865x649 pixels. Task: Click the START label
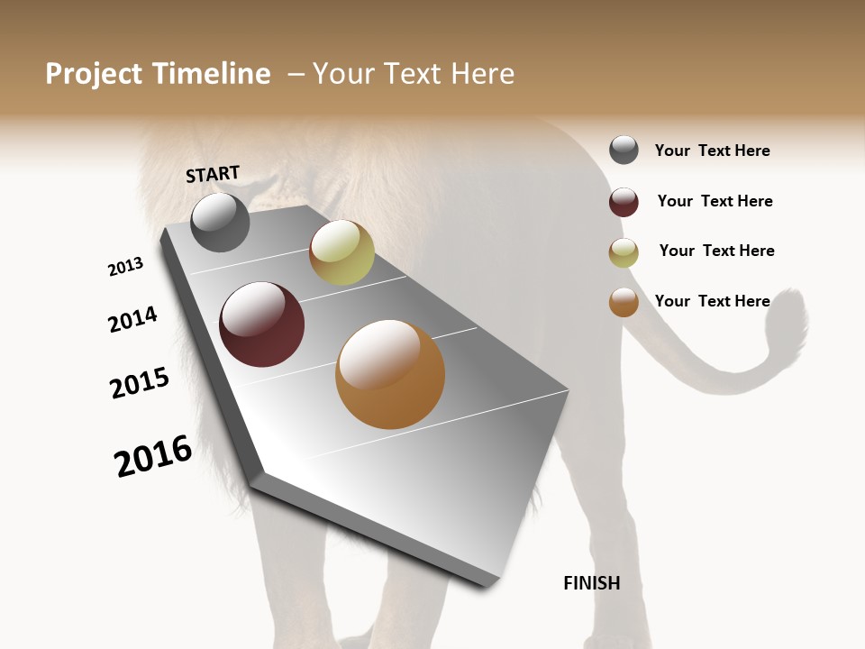213,174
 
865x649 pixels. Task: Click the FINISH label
591,583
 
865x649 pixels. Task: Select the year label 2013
125,267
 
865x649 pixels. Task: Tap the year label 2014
132,319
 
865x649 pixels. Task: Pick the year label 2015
140,383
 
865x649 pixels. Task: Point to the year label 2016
153,456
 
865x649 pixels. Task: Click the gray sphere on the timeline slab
220,223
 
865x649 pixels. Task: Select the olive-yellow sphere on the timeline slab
341,252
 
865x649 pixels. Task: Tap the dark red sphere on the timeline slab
261,324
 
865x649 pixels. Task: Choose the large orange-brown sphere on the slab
390,374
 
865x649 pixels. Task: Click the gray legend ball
624,150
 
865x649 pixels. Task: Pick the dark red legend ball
624,202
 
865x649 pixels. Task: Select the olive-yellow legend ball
624,252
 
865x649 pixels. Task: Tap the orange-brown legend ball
624,302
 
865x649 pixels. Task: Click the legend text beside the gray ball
712,151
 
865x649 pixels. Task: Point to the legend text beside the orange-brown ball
712,301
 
